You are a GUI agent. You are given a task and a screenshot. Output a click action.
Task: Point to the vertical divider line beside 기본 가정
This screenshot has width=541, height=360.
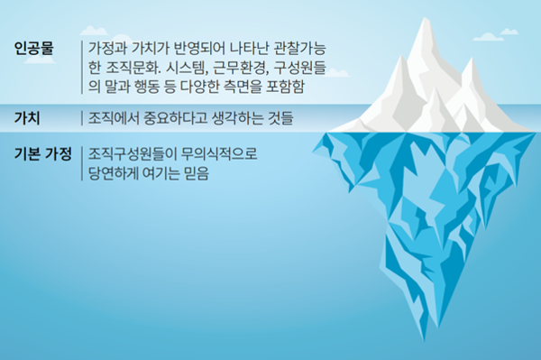click(x=79, y=164)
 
